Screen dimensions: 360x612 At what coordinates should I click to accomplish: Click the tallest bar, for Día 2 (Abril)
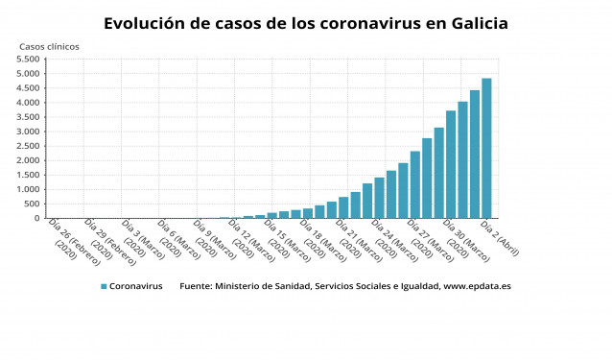[x=486, y=149]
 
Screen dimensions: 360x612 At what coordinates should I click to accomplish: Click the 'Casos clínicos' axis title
[x=50, y=46]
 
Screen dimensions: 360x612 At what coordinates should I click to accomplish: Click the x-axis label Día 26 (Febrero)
[x=66, y=241]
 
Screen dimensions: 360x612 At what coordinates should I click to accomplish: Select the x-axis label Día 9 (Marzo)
[x=209, y=241]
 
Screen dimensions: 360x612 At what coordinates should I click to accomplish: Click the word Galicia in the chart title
[x=474, y=23]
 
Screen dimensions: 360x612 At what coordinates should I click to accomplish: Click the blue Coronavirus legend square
[x=103, y=286]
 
